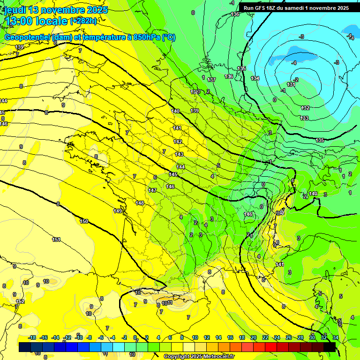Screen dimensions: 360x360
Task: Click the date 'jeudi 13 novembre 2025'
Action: (x=56, y=10)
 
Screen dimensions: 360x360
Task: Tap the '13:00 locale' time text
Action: (x=36, y=21)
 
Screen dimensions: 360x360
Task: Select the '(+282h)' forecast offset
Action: (x=83, y=21)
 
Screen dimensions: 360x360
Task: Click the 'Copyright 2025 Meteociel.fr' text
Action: (x=199, y=356)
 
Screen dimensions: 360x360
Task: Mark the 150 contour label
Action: (x=84, y=221)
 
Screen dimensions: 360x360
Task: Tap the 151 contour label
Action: (x=56, y=240)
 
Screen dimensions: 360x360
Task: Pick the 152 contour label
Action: (x=20, y=301)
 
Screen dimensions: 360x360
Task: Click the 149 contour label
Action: (x=118, y=211)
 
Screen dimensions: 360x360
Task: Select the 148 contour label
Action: (x=140, y=203)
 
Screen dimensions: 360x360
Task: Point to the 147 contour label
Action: (x=152, y=190)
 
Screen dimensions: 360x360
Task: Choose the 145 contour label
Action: (x=173, y=174)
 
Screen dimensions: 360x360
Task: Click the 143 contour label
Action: (x=179, y=154)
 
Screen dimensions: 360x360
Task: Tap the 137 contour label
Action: (x=211, y=80)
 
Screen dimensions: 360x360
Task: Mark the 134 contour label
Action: (x=255, y=78)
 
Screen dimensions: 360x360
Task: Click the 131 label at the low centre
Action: (x=291, y=84)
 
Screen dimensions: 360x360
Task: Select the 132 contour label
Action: (x=305, y=108)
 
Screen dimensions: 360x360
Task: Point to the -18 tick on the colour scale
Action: (x=32, y=337)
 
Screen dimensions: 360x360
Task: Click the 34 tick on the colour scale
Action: (x=336, y=337)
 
